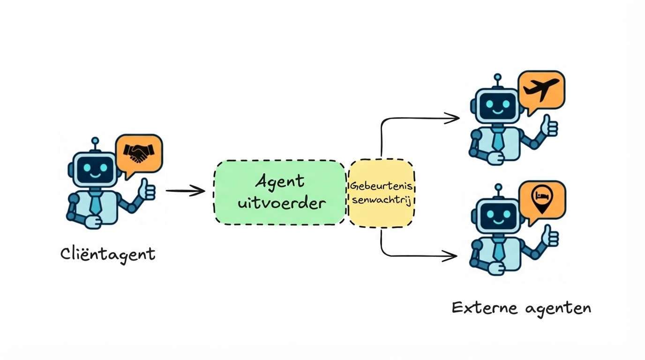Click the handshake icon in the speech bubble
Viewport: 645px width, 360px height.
(x=138, y=153)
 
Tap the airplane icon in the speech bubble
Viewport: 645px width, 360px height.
(x=541, y=89)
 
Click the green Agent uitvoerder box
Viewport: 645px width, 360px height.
(x=280, y=192)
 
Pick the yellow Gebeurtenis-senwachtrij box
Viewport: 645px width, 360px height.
(x=381, y=193)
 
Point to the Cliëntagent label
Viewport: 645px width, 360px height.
(x=108, y=255)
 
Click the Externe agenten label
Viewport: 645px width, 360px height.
(x=521, y=308)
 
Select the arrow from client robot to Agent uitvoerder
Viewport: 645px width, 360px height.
(x=185, y=191)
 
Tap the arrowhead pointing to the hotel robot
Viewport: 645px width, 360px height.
(x=451, y=256)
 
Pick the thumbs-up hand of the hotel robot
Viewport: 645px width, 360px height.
(x=550, y=236)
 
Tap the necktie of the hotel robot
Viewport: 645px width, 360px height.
(x=499, y=249)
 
